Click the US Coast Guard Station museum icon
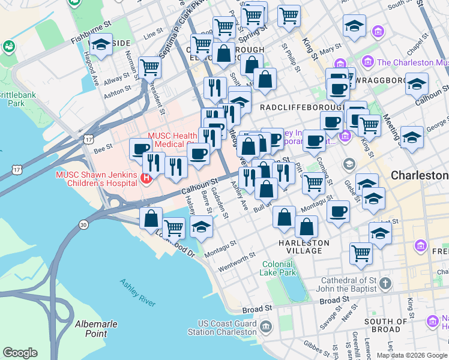click(x=267, y=327)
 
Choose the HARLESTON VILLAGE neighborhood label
click(x=304, y=247)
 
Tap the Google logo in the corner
click(x=20, y=353)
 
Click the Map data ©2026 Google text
click(x=411, y=355)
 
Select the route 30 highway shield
click(x=83, y=224)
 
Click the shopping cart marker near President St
click(x=149, y=67)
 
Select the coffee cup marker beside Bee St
click(x=141, y=148)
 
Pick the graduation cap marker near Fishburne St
click(x=101, y=45)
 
